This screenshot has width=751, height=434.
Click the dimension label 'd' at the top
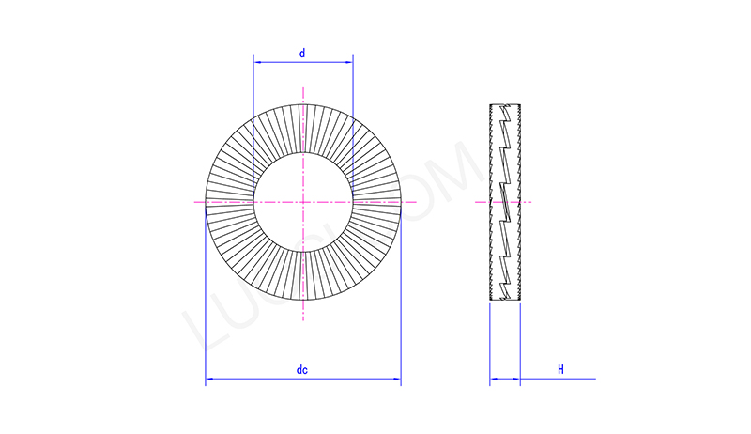coord(302,54)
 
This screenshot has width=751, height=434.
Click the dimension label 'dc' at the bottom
coord(302,371)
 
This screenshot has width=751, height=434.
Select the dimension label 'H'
coord(560,370)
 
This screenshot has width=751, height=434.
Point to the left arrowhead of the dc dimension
coord(208,380)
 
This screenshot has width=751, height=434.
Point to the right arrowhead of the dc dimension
coord(398,380)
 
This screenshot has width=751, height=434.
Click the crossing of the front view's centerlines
coord(303,201)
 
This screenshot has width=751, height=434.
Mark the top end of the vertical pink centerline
coord(303,87)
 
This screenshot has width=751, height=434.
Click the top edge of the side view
coord(505,103)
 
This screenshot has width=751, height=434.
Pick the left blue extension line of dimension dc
coord(206,301)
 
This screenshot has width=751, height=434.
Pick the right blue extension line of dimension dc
coord(401,301)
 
